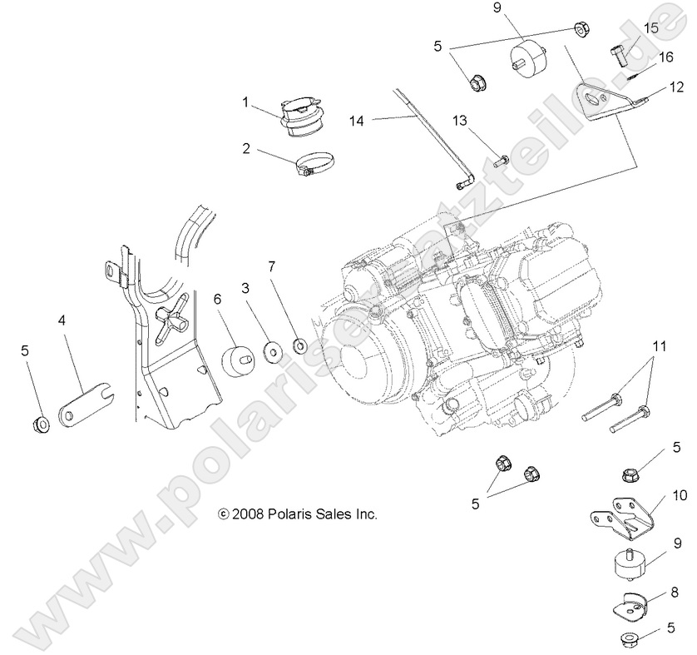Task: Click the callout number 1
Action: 245,102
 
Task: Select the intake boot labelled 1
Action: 303,117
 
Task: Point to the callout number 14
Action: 357,121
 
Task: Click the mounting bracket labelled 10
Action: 620,521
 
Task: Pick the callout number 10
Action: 680,494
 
